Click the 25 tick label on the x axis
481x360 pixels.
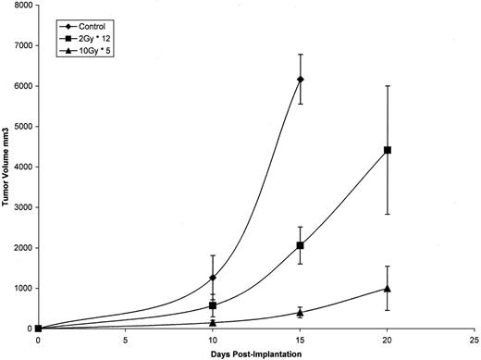475,340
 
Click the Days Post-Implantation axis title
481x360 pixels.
255,353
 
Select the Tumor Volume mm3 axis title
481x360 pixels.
6,167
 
